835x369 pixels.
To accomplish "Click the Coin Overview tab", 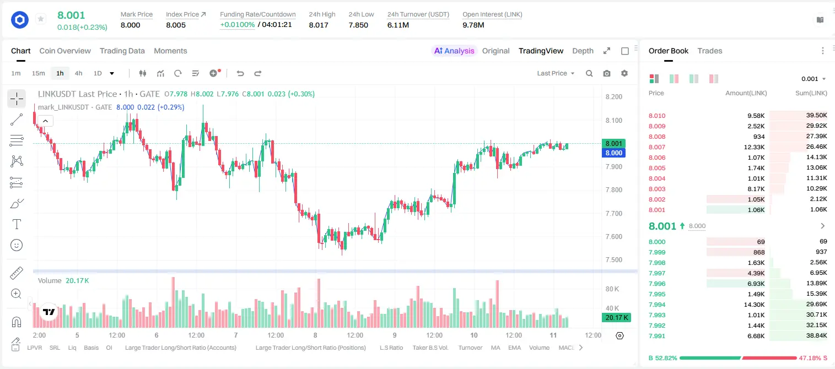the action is click(x=65, y=51).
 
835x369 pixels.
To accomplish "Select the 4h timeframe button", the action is click(x=78, y=73).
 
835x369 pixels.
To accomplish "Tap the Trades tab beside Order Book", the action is click(x=710, y=51).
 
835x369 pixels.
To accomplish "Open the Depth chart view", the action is click(x=583, y=51).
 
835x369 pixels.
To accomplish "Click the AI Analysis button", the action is click(x=454, y=51).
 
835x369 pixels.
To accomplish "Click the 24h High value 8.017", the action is click(x=319, y=25).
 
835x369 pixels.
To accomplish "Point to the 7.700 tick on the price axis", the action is click(x=613, y=213).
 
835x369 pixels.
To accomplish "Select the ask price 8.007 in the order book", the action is click(x=657, y=147).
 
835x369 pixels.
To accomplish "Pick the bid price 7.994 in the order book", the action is click(x=657, y=305).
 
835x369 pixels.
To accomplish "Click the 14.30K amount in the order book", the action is click(x=754, y=305).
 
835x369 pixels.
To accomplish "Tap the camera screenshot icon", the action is click(x=607, y=73).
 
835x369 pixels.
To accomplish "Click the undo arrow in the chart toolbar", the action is click(x=240, y=73).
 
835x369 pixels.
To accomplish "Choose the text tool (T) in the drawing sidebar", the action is click(x=17, y=224).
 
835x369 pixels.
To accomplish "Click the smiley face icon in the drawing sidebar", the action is click(x=17, y=245).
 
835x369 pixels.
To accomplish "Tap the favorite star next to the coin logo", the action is click(x=41, y=19).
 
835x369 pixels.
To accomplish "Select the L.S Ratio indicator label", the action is click(x=391, y=348).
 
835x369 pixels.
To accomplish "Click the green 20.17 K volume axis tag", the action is click(x=616, y=318).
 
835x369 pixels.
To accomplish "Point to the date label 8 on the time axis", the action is click(x=315, y=335).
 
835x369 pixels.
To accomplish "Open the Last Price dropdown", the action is click(x=556, y=73).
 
